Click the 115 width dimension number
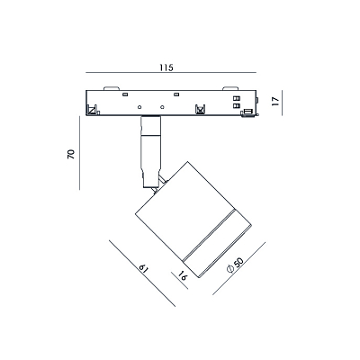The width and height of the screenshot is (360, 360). pos(166,67)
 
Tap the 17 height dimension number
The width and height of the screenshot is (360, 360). pos(275,101)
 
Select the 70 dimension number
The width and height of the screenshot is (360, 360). pos(71,154)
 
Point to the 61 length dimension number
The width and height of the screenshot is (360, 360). pos(144,268)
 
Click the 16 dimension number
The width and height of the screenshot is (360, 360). pos(183,275)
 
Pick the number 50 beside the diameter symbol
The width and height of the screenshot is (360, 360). pos(238,263)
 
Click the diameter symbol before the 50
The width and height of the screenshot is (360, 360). pos(230,269)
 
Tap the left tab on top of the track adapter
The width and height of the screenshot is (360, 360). pos(112,88)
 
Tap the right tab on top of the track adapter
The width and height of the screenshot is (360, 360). pos(230,88)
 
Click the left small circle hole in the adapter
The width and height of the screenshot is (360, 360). pos(139,107)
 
